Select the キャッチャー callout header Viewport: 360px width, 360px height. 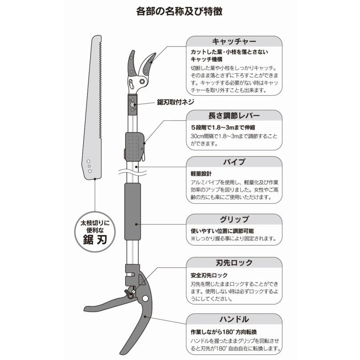234,42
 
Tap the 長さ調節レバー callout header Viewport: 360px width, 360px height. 234,116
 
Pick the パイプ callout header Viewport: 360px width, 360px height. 234,162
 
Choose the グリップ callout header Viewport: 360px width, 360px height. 234,219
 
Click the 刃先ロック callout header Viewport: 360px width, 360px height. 234,263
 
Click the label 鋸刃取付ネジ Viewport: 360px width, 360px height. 175,102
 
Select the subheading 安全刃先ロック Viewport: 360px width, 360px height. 209,275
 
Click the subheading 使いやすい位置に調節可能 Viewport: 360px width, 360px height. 222,231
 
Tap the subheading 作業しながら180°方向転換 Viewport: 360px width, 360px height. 224,332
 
